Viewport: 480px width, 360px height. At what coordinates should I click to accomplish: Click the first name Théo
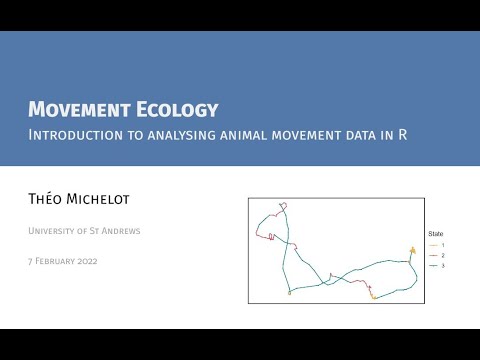47,199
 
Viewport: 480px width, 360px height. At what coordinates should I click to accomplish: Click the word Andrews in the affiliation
122,232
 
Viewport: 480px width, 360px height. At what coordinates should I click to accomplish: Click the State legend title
436,233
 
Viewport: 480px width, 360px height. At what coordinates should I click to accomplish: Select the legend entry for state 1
436,245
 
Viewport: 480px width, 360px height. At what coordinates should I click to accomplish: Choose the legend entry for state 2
436,255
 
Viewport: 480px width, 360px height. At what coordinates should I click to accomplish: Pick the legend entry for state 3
436,265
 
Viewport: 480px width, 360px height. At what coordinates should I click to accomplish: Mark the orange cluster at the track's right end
411,250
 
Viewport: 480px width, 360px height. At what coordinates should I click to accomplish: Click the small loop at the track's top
284,207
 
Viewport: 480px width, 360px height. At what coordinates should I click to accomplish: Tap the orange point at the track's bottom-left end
289,293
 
